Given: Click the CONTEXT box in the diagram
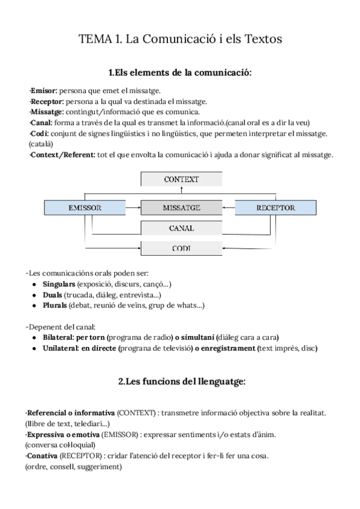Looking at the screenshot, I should coord(181,179).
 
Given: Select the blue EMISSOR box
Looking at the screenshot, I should coord(85,208).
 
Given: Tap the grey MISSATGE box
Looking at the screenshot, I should coord(181,208).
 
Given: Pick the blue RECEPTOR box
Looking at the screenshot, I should coord(275,208).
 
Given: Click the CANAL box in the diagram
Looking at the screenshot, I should coord(181,227).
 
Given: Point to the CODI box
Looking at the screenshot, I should coord(181,247).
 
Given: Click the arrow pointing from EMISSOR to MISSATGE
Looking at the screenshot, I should coord(133,208).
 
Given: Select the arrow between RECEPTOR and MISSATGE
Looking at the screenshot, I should coord(228,208).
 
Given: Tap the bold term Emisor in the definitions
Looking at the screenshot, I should coord(44,91).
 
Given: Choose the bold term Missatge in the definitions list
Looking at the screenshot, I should coord(47,112).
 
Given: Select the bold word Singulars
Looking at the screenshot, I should coord(59,283).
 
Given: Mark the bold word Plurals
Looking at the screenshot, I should coord(55,306).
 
